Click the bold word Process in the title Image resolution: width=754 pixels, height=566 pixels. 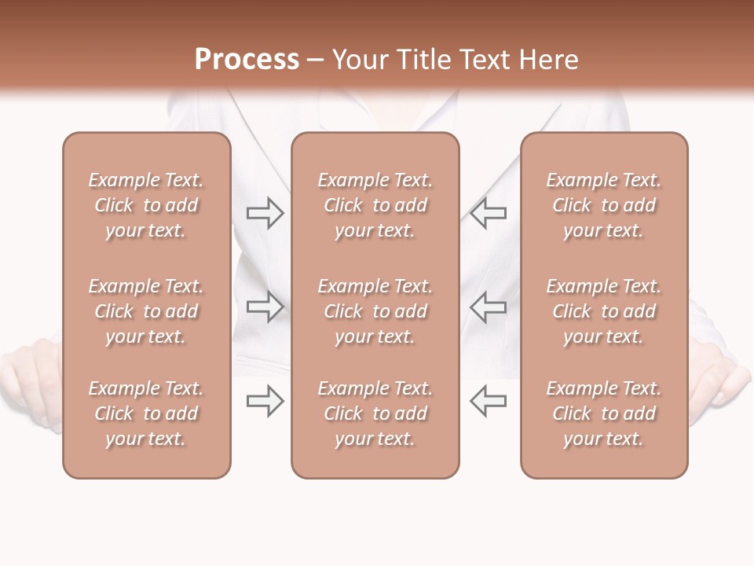(x=247, y=60)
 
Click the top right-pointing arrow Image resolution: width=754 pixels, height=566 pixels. (x=265, y=213)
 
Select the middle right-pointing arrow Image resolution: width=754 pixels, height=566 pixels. (x=265, y=307)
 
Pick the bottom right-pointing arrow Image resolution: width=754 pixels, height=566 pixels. (x=265, y=401)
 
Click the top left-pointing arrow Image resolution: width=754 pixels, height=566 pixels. (x=489, y=213)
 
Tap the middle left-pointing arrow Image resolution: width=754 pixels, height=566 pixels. (x=489, y=307)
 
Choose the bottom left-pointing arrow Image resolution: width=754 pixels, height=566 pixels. (x=489, y=401)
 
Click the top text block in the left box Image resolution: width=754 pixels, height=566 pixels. (x=146, y=205)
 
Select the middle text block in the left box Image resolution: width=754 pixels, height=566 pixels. (x=146, y=311)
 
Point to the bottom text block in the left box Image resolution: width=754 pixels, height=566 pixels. (x=146, y=413)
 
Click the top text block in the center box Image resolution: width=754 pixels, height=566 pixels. (x=375, y=205)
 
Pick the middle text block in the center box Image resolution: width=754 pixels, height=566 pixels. (x=375, y=311)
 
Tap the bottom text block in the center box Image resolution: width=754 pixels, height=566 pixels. (x=375, y=413)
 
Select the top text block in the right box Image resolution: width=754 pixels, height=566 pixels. (x=604, y=205)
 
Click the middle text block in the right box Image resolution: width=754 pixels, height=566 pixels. (x=604, y=311)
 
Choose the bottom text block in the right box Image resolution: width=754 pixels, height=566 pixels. (x=604, y=413)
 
